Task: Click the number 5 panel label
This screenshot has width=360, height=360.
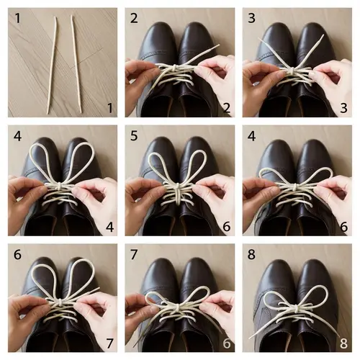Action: coord(134,135)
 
